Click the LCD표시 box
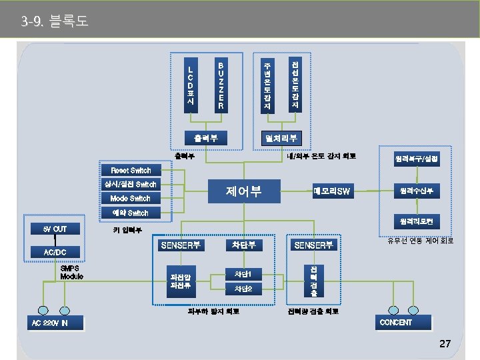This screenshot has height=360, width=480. pyautogui.click(x=191, y=85)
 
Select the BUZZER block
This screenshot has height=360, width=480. pyautogui.click(x=221, y=85)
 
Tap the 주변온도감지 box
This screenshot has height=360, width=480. pyautogui.click(x=267, y=85)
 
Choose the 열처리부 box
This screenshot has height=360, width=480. pyautogui.click(x=281, y=138)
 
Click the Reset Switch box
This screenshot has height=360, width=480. pyautogui.click(x=131, y=170)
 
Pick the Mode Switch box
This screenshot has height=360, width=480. pyautogui.click(x=131, y=198)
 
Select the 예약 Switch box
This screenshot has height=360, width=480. pyautogui.click(x=131, y=213)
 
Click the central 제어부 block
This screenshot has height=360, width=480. pyautogui.click(x=243, y=192)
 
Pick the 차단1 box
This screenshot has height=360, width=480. pyautogui.click(x=243, y=274)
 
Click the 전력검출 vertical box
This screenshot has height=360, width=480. pyautogui.click(x=313, y=281)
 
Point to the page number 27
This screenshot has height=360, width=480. pyautogui.click(x=445, y=344)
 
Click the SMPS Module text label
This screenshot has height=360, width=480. pyautogui.click(x=71, y=272)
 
